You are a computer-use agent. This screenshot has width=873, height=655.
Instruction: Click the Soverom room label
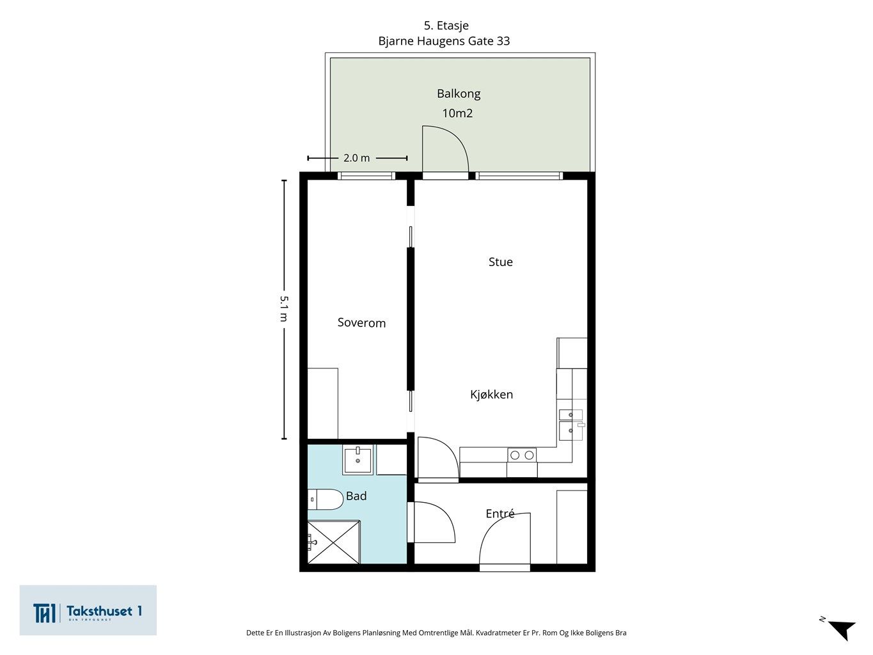tap(361, 322)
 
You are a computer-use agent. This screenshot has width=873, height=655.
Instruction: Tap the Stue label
tap(500, 262)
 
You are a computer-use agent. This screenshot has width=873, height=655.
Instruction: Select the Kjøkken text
tap(492, 394)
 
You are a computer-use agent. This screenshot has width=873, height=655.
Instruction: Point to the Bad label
tap(356, 496)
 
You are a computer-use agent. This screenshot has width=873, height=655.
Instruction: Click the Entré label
tap(500, 514)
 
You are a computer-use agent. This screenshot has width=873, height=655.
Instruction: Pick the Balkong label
tap(459, 94)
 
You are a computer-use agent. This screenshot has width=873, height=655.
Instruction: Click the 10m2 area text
tap(457, 113)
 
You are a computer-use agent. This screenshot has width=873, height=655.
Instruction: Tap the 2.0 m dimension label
tap(356, 158)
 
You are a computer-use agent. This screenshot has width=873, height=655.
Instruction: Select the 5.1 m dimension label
tap(284, 308)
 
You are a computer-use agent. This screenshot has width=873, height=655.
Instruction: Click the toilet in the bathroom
tap(325, 500)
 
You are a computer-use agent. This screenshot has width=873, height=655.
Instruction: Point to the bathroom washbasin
tap(358, 460)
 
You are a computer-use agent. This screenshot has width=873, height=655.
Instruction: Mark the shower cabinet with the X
tap(334, 542)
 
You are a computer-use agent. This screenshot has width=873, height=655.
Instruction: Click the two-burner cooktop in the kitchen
tap(522, 455)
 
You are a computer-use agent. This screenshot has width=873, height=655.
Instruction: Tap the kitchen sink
tap(571, 425)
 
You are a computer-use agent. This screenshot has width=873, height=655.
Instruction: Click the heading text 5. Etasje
tap(446, 26)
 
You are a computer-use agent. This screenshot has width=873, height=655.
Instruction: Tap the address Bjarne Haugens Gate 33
tap(444, 41)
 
